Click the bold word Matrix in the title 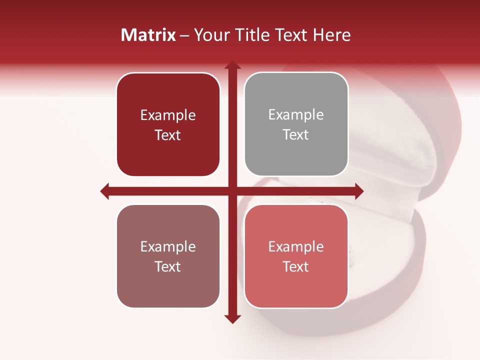coord(148,35)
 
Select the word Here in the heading coord(331,35)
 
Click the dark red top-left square coord(168,124)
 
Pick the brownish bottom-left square coord(168,256)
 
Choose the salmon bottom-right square coord(296,256)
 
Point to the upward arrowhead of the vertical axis coord(232,65)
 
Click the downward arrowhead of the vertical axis coord(232,319)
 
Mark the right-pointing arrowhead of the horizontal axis coord(358,191)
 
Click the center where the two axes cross coord(232,191)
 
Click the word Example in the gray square coord(296,115)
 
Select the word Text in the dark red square coord(168,135)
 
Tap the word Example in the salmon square coord(296,246)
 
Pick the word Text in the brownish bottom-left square coord(168,267)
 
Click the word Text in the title coord(289,35)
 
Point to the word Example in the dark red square coord(168,115)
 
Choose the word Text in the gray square coord(296,135)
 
